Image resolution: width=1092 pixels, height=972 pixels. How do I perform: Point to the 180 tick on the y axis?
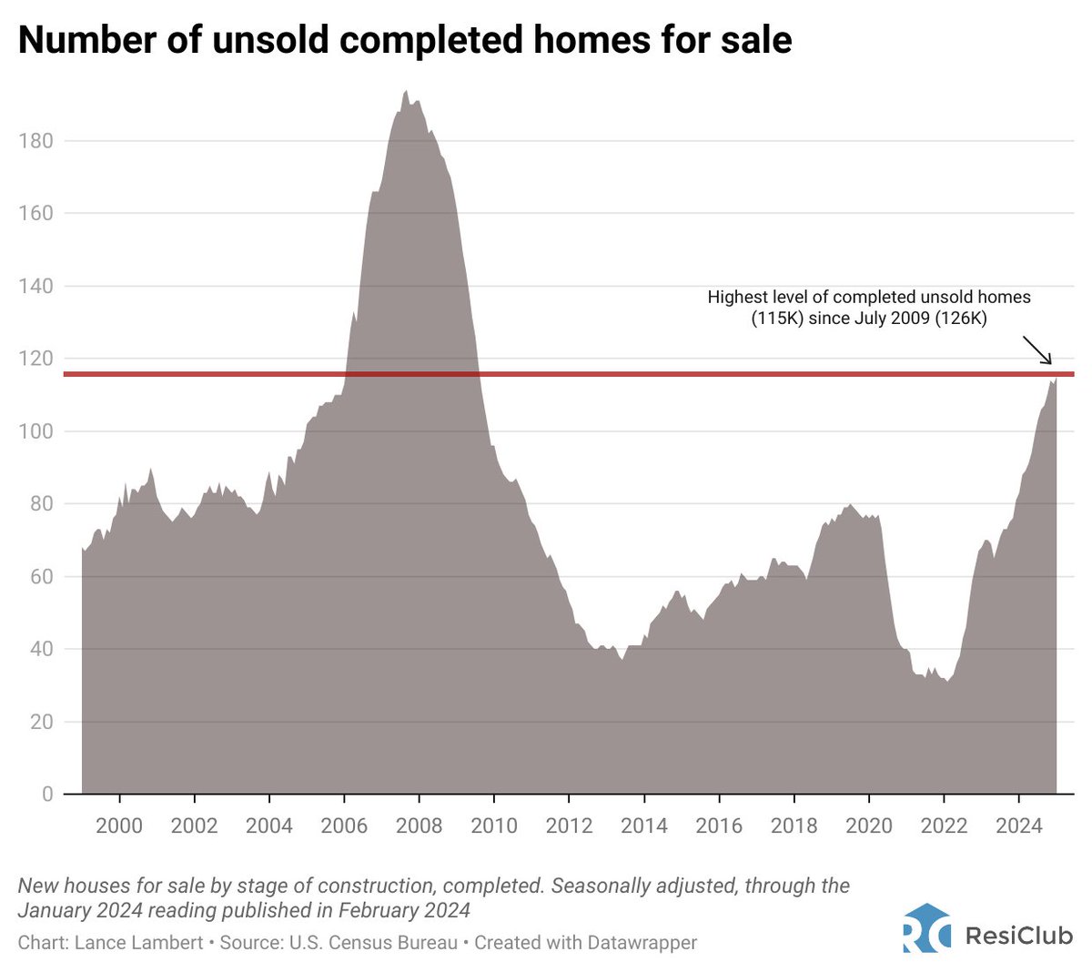coord(35,141)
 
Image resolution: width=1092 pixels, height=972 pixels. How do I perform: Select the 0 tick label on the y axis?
coord(47,795)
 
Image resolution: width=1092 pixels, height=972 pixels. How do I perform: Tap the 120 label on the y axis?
coord(35,359)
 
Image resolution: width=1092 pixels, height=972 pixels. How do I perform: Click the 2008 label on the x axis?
coord(419,825)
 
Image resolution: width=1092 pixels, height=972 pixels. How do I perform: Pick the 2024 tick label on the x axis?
coord(1018,825)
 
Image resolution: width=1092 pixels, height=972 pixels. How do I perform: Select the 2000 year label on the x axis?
coord(119,825)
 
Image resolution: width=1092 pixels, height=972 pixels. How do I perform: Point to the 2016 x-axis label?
coord(719,825)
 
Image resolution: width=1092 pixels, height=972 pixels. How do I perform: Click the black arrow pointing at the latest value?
coord(1036,350)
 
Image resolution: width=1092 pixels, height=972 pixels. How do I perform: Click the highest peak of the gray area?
coord(406,92)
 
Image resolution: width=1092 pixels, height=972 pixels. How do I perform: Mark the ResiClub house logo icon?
coord(926,928)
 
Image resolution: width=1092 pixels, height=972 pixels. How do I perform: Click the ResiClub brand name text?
coord(1018,935)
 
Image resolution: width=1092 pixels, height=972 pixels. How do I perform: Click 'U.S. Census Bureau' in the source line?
coord(373,942)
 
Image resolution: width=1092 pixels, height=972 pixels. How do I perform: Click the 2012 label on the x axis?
coord(569,825)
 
